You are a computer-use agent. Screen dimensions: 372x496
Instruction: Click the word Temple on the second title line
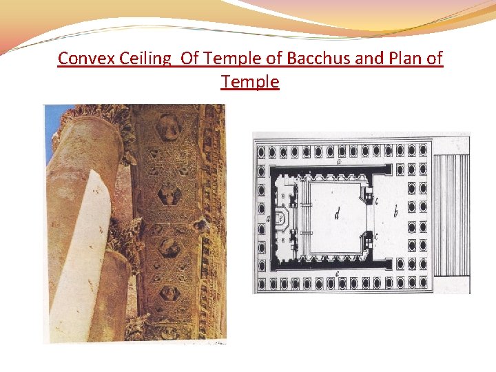tap(250, 82)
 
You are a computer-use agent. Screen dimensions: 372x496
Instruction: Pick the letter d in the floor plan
tap(336, 214)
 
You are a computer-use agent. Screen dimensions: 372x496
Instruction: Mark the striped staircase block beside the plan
tap(451, 214)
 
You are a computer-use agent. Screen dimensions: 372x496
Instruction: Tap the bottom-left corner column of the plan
tap(261, 283)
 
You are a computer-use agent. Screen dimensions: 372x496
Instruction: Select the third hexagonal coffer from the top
tap(167, 246)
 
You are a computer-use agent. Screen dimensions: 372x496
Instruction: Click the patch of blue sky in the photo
tap(50, 124)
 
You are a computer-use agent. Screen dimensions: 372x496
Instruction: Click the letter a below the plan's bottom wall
tap(337, 274)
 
